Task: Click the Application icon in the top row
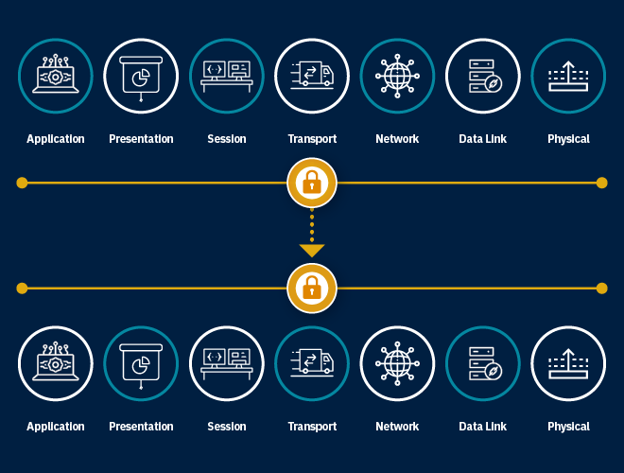point(56,76)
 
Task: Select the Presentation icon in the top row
point(141,76)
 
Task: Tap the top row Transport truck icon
point(312,76)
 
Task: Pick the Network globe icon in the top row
point(397,76)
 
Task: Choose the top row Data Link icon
point(482,76)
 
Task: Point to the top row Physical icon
point(568,76)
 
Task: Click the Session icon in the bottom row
point(227,364)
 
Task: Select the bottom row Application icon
point(56,364)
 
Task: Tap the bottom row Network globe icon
point(397,364)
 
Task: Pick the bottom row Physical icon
point(568,364)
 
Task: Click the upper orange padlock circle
point(311,183)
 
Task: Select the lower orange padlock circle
point(311,288)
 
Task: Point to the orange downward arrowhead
point(311,251)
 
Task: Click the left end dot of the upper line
point(22,183)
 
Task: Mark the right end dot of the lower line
point(601,288)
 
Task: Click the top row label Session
point(227,139)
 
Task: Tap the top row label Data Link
point(482,139)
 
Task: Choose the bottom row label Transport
point(312,427)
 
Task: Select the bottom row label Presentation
point(141,427)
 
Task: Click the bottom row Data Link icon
point(482,364)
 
